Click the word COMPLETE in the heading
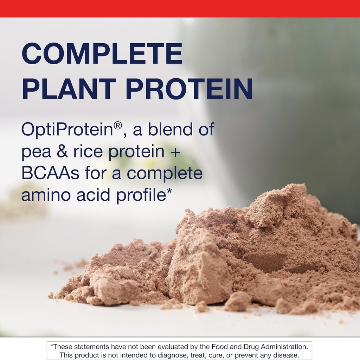click(x=102, y=54)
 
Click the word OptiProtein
click(x=66, y=130)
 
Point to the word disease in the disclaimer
click(x=286, y=355)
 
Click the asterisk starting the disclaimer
click(x=52, y=346)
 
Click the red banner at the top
click(x=180, y=8)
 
